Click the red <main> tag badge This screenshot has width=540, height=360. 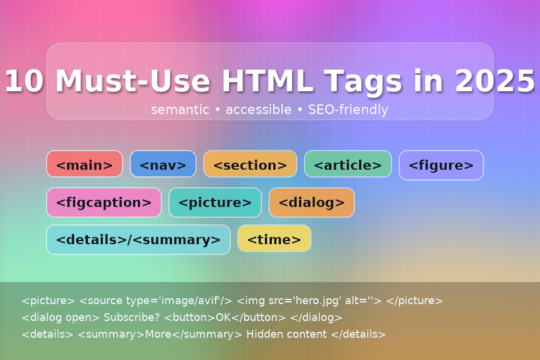(x=84, y=164)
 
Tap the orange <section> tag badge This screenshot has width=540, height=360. (x=250, y=164)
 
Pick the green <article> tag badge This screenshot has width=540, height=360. (x=347, y=164)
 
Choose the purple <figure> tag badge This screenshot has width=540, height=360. (x=441, y=164)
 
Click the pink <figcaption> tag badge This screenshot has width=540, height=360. (x=104, y=202)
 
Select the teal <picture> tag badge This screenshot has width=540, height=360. (x=215, y=202)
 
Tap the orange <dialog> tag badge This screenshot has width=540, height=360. (x=311, y=202)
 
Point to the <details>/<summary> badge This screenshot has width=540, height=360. (x=138, y=239)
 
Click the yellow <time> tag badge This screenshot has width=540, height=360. (x=274, y=239)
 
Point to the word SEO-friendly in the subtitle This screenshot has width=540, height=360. (x=348, y=110)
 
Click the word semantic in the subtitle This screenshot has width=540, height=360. (x=180, y=110)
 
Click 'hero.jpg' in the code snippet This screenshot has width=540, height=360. (x=307, y=301)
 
